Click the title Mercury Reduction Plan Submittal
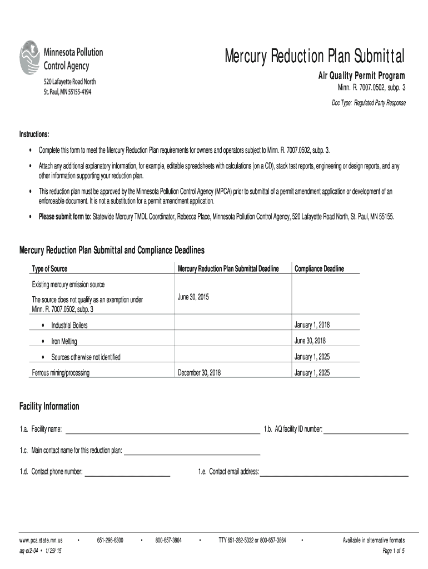pos(315,56)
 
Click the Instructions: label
pos(34,135)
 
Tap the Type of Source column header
pos(49,269)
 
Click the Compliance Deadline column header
pos(319,269)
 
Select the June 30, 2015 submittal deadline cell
pos(193,297)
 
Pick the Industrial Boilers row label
pos(69,325)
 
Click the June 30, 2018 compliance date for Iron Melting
pos(310,341)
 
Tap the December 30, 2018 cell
pos(199,373)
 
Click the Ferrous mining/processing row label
pos(61,373)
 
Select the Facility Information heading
pos(49,407)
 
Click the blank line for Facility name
pos(162,430)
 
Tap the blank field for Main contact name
pos(192,451)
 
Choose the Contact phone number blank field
pos(127,472)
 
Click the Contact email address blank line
pos(334,472)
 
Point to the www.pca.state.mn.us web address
pos(41,540)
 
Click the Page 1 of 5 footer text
pos(394,551)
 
